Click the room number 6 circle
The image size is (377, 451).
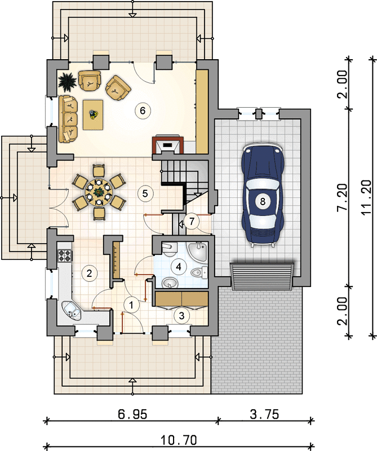(143, 110)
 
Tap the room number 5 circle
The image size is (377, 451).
(145, 193)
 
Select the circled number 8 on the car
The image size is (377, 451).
(263, 201)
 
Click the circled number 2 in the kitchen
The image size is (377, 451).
(89, 273)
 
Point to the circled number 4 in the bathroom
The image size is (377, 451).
(179, 267)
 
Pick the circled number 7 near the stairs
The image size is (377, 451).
(192, 221)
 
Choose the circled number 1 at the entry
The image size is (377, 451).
(132, 304)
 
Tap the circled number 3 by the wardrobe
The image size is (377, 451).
(181, 316)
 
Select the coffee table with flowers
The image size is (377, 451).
(93, 114)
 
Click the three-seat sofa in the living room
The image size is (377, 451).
(68, 119)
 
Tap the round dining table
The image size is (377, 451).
(99, 192)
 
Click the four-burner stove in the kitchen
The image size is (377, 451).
(65, 255)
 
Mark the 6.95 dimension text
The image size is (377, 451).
(132, 415)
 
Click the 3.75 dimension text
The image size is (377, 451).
(264, 414)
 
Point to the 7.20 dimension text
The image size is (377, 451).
(343, 198)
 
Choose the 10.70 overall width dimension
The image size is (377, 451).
(179, 440)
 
